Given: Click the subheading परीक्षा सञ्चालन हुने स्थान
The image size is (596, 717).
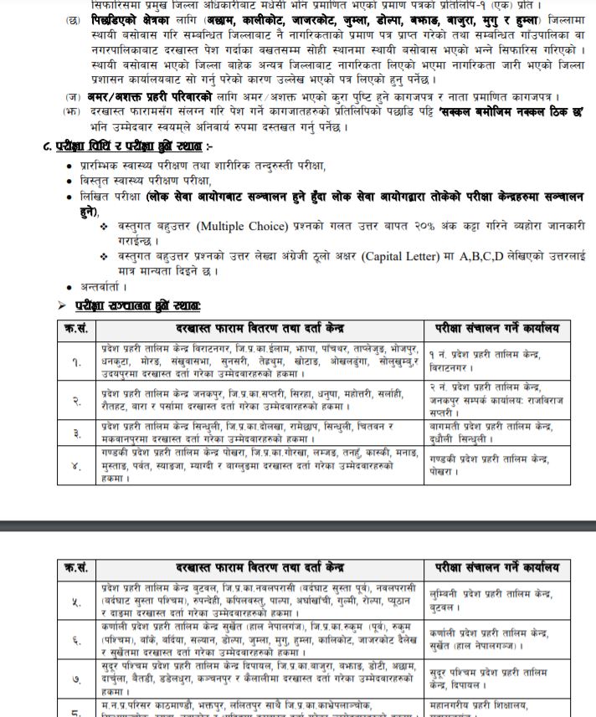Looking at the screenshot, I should point(137,305).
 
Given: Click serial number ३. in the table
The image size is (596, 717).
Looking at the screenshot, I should point(76,433).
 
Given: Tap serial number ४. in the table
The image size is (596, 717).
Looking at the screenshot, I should point(76,466).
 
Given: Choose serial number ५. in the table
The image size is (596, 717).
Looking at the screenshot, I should point(76,601).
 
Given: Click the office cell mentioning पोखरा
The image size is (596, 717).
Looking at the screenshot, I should point(490,465).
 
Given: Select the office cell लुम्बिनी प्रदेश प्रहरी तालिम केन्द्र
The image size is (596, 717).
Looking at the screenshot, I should point(490,599).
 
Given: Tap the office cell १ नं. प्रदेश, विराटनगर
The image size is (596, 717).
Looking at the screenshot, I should point(490,361).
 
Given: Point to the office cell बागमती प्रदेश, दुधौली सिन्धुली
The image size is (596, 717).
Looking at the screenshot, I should point(490,433).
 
